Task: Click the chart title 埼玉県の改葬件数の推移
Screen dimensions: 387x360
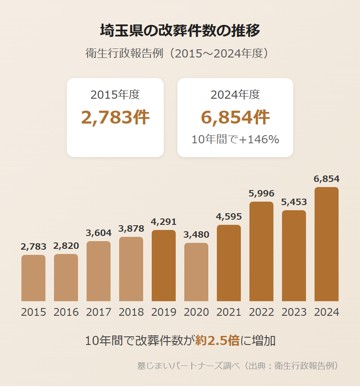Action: point(180,31)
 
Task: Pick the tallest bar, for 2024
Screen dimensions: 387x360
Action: point(327,244)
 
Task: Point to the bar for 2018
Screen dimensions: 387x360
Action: point(131,269)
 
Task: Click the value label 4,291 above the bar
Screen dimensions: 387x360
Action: point(164,222)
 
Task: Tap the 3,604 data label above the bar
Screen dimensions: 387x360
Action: point(99,233)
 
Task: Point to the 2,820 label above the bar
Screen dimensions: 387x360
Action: point(66,246)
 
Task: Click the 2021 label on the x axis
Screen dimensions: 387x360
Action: point(229,312)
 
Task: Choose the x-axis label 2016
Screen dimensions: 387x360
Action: point(66,312)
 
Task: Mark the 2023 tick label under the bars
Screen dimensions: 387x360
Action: point(294,312)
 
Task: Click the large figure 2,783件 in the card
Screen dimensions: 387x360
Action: point(115,117)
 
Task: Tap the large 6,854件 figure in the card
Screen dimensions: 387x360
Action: point(235,117)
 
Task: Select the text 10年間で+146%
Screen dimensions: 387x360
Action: point(235,139)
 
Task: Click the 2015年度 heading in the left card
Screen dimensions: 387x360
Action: point(115,94)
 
